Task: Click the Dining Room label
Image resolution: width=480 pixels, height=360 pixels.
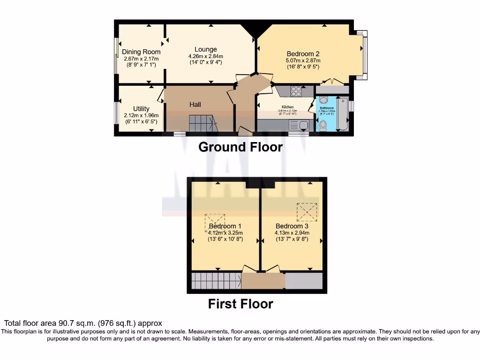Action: tap(141, 52)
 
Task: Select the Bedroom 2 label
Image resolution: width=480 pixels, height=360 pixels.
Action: tap(303, 53)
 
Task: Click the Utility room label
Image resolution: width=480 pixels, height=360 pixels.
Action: tap(141, 109)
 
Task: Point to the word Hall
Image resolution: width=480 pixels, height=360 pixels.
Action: tap(195, 105)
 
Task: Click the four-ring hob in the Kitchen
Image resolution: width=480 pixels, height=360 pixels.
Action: tap(296, 91)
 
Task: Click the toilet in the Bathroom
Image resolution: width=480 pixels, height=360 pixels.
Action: tap(323, 125)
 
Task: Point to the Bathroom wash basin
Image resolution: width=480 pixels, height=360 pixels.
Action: tap(323, 100)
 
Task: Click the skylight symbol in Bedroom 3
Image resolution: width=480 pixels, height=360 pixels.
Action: tap(307, 212)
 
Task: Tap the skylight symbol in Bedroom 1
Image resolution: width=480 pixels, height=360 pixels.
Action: tap(215, 223)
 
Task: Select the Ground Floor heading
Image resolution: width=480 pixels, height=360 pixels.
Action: tap(240, 147)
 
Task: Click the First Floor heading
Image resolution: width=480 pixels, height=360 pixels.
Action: tap(240, 304)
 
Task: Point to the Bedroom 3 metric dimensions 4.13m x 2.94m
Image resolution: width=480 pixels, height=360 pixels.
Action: tap(292, 232)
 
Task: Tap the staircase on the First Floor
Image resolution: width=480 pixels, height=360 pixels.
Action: tap(216, 281)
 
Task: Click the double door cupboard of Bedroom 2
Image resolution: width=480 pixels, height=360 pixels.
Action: tap(332, 89)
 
